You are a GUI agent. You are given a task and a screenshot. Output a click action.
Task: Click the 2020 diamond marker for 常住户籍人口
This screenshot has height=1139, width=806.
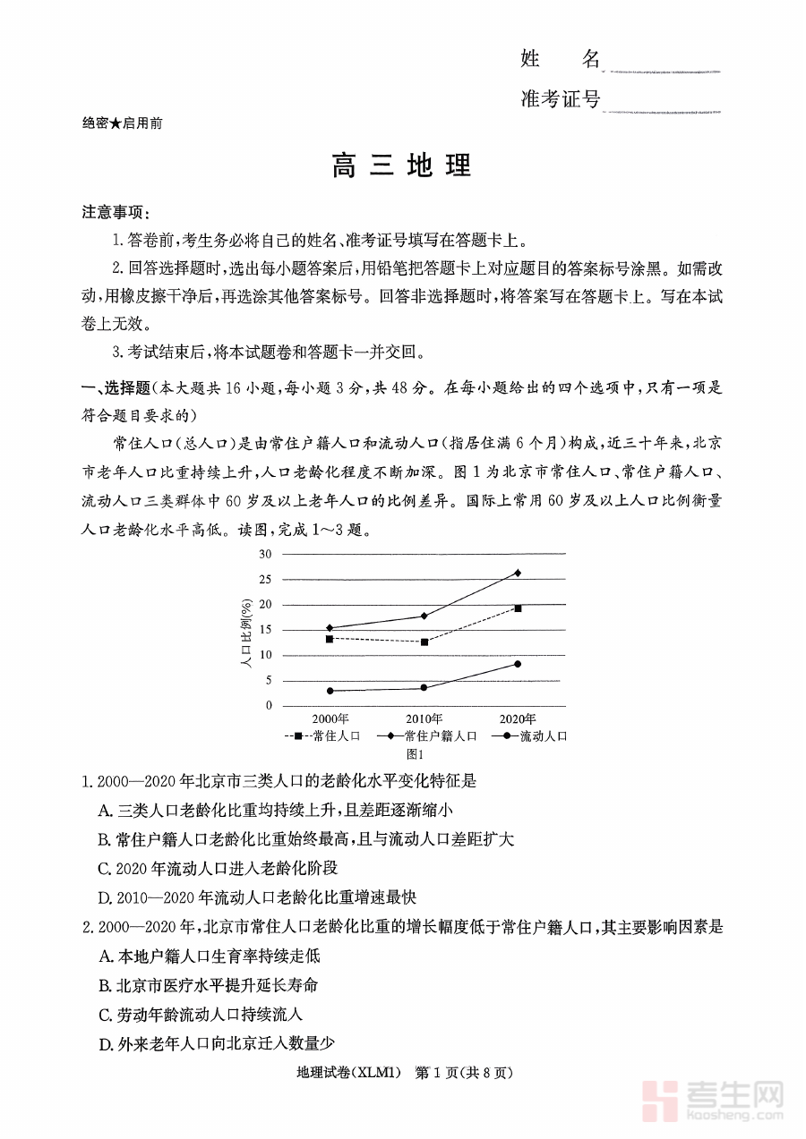(x=518, y=573)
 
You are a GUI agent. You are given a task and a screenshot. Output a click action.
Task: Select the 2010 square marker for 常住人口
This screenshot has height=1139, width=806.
(x=424, y=642)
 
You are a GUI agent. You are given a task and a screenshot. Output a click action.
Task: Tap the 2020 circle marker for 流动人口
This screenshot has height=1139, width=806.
(x=518, y=664)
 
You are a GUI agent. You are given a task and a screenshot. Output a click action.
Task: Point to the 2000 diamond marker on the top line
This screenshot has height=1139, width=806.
(x=330, y=628)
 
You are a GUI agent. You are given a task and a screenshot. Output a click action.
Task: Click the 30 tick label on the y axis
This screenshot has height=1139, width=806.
(x=265, y=554)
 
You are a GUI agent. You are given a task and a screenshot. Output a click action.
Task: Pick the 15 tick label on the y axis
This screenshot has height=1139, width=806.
(x=265, y=629)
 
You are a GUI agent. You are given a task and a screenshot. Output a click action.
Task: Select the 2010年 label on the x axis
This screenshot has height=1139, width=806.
(x=424, y=719)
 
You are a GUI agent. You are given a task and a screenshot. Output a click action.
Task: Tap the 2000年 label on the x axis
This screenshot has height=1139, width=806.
(x=330, y=719)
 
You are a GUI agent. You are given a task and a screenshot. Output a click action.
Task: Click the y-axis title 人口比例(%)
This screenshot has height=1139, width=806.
(x=244, y=630)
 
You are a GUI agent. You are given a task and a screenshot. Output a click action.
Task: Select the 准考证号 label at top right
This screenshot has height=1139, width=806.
(x=560, y=99)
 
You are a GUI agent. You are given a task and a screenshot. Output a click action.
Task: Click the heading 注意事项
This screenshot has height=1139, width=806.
(x=116, y=213)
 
